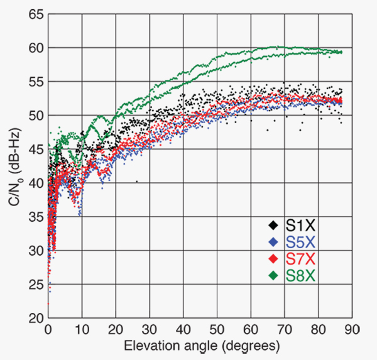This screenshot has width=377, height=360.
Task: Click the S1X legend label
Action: point(302,224)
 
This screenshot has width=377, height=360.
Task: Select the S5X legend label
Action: point(302,241)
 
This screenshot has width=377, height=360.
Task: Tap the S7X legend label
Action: point(302,258)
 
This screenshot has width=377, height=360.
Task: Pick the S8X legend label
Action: point(302,275)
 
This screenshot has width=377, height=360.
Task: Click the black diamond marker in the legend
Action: point(273,224)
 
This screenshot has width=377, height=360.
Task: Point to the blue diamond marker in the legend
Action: point(273,241)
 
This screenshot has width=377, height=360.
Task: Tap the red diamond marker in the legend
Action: point(273,258)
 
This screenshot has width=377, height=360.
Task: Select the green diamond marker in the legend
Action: point(273,275)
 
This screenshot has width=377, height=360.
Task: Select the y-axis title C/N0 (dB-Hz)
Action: point(14,167)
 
